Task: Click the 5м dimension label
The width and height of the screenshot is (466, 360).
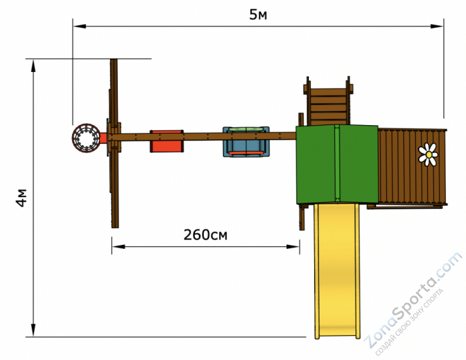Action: [x=258, y=15]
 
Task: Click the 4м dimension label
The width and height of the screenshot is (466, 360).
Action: [x=21, y=198]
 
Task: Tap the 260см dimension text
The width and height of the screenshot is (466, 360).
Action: [x=205, y=235]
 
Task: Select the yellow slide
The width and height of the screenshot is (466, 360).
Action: [x=337, y=270]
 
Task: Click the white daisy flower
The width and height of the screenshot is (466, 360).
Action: [x=428, y=154]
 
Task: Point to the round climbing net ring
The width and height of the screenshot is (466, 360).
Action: [x=86, y=138]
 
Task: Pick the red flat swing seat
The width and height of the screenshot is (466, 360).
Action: [x=166, y=141]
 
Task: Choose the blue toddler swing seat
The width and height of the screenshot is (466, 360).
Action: [x=246, y=142]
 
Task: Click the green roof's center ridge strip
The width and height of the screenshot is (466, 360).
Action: [x=337, y=163]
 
